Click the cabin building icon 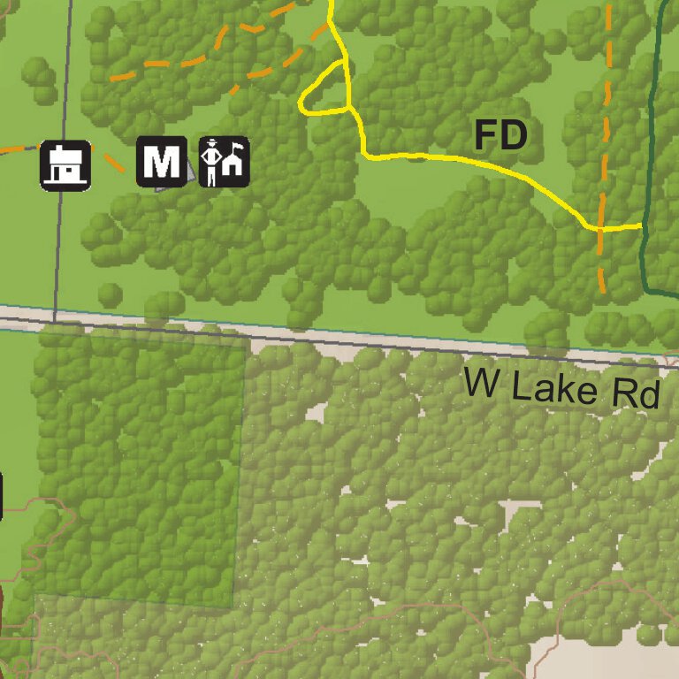65,164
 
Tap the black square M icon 162,163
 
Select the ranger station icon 224,162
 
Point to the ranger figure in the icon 211,163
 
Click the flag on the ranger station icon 237,143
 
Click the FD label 500,136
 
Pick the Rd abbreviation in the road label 637,394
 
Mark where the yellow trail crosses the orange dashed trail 600,227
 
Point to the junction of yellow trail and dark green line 642,225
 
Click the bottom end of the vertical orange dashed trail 603,290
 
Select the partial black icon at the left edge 1,495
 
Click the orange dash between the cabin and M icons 111,162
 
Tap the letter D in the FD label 514,136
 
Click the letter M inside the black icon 162,163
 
